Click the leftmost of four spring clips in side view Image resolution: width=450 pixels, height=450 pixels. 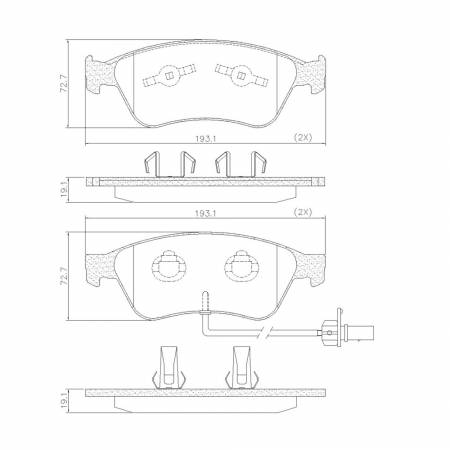[151, 164]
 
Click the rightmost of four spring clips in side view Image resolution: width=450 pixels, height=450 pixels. [257, 164]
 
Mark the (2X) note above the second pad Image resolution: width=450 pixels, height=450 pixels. [302, 213]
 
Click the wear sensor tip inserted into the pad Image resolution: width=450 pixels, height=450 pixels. [204, 297]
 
